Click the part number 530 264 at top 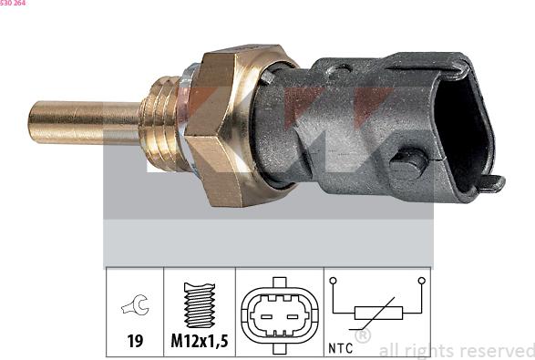[x=13, y=3]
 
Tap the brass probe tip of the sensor [x=84, y=122]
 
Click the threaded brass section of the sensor [x=159, y=124]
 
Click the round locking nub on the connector [x=407, y=164]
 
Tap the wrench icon [x=135, y=304]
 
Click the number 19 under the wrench [x=135, y=341]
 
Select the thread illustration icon [x=200, y=305]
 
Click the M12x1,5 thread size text [x=200, y=341]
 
